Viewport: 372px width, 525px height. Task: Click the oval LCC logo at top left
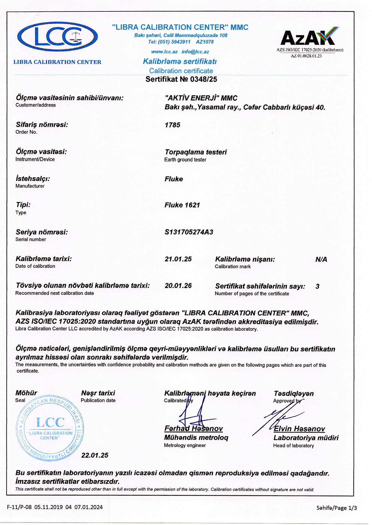57,37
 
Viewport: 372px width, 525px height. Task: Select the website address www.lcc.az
164,52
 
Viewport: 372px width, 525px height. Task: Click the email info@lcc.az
195,52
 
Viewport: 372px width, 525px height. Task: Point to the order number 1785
172,125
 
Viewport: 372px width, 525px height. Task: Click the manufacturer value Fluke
174,179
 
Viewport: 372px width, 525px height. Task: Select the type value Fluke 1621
182,205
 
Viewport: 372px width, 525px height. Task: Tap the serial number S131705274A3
189,232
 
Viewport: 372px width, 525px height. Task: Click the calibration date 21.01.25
178,259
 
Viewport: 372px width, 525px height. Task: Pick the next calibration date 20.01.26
178,286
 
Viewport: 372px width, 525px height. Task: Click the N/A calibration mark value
321,260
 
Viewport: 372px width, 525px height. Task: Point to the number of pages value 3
317,286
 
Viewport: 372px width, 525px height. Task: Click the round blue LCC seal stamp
50,428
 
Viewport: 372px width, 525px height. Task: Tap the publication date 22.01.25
95,455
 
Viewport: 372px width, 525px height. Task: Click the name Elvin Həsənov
299,429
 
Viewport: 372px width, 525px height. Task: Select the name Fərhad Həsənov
193,429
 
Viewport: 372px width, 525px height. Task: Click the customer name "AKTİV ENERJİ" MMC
201,98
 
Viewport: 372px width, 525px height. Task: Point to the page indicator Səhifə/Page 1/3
337,508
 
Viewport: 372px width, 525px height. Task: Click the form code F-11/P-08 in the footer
19,507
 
